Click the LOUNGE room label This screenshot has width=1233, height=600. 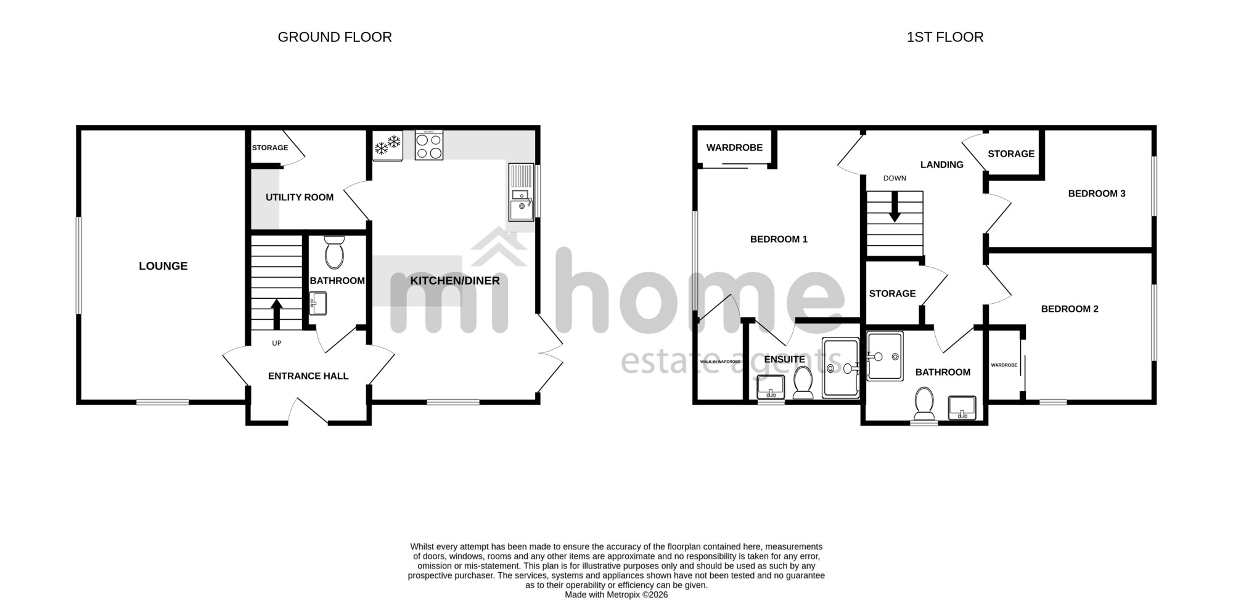163,266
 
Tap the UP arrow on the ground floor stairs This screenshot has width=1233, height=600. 276,314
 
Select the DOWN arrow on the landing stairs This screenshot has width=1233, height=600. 895,208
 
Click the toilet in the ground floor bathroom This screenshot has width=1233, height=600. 334,251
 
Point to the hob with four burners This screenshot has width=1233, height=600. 429,145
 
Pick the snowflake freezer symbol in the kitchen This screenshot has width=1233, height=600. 387,146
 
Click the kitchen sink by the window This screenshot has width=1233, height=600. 521,192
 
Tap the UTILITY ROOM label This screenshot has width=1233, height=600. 300,197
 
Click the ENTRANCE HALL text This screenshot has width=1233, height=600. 308,376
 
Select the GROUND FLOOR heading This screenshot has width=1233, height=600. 335,37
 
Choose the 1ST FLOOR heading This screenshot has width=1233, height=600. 945,37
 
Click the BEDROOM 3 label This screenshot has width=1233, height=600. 1097,193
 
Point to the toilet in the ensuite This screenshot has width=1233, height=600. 803,383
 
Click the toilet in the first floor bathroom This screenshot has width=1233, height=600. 924,403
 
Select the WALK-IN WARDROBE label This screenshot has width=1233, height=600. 720,362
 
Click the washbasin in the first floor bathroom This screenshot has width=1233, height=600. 962,408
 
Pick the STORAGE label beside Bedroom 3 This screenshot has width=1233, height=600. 1011,154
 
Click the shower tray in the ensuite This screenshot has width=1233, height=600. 840,368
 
